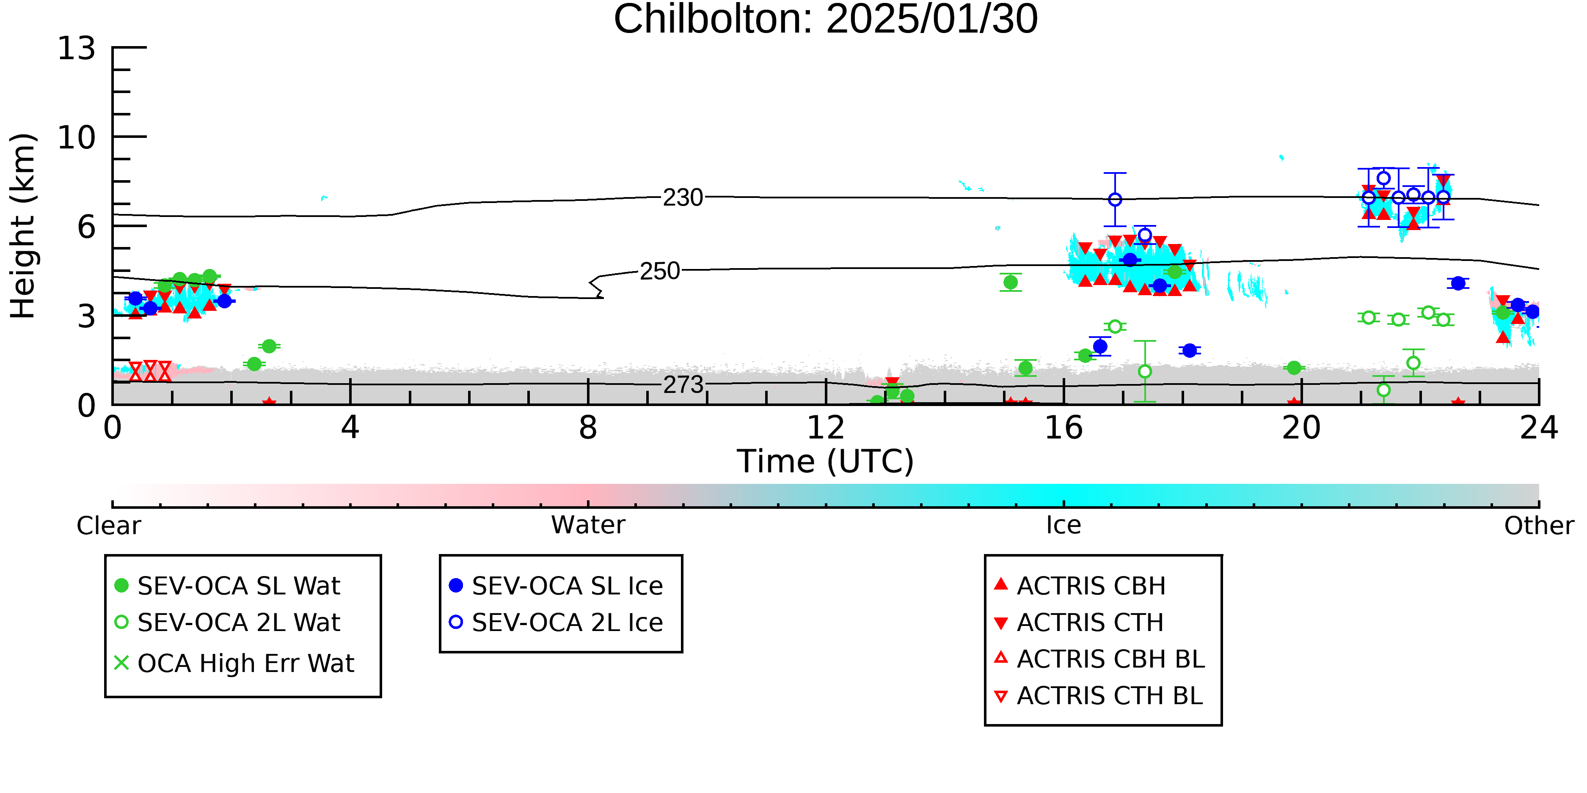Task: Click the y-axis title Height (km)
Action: click(x=23, y=226)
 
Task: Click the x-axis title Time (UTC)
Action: click(x=826, y=461)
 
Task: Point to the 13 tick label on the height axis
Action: click(x=77, y=48)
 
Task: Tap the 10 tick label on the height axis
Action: click(x=77, y=137)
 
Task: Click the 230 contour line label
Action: click(x=683, y=198)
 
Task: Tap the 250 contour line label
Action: click(x=660, y=271)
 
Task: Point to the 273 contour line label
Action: click(x=683, y=385)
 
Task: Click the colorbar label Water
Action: click(x=588, y=525)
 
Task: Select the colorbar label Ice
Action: click(x=1064, y=525)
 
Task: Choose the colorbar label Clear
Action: click(x=108, y=526)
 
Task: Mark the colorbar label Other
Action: click(x=1539, y=526)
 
